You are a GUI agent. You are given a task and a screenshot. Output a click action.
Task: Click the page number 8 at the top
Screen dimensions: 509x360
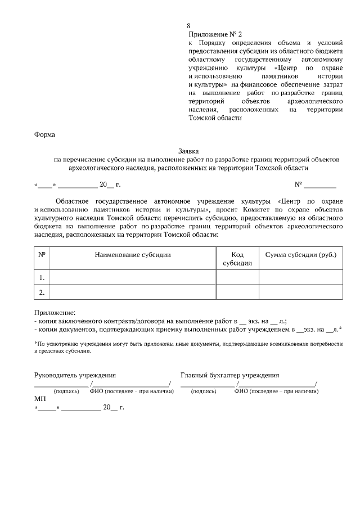[188, 26]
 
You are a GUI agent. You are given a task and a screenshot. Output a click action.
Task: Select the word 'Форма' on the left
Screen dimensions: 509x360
[44, 134]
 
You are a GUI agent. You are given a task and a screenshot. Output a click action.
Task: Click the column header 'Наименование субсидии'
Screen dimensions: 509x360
[133, 255]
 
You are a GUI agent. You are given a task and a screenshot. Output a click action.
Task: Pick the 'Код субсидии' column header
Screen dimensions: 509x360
[237, 259]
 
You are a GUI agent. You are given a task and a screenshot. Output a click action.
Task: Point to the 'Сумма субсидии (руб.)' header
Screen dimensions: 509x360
[300, 255]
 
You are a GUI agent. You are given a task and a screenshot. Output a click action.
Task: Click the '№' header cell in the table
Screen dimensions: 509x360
[42, 255]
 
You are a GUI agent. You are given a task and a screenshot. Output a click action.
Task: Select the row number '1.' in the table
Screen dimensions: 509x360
[42, 278]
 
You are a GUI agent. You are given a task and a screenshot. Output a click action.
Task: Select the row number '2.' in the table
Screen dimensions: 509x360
[42, 292]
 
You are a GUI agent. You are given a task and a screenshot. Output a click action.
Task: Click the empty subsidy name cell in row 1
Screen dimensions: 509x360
[133, 278]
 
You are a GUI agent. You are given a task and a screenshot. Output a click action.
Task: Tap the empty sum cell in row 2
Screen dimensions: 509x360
[300, 292]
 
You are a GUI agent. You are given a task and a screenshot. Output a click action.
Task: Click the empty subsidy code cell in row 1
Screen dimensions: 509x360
[237, 278]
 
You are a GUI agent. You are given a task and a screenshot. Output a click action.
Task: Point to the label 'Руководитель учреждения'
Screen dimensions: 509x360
[75, 375]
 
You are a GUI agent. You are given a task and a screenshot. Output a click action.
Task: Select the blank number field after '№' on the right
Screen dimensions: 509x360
[320, 184]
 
